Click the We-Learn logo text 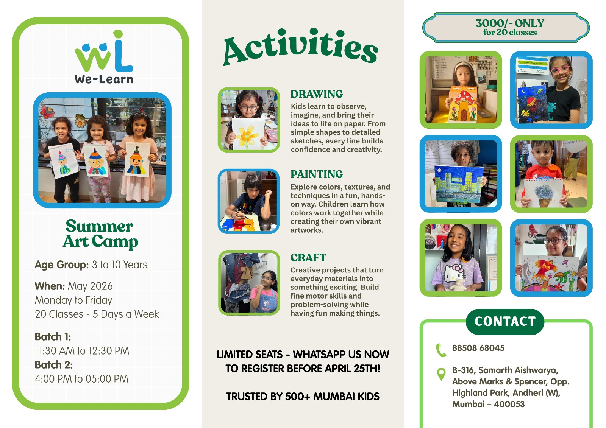click(104, 79)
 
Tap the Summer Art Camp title click(100, 234)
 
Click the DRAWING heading click(317, 94)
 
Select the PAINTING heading click(317, 174)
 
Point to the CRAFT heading click(308, 258)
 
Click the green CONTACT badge click(505, 322)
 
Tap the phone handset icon click(441, 350)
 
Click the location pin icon click(441, 374)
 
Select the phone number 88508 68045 click(478, 348)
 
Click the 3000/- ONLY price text click(510, 23)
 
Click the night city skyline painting click(459, 184)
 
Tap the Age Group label click(62, 265)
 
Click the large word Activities click(301, 47)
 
